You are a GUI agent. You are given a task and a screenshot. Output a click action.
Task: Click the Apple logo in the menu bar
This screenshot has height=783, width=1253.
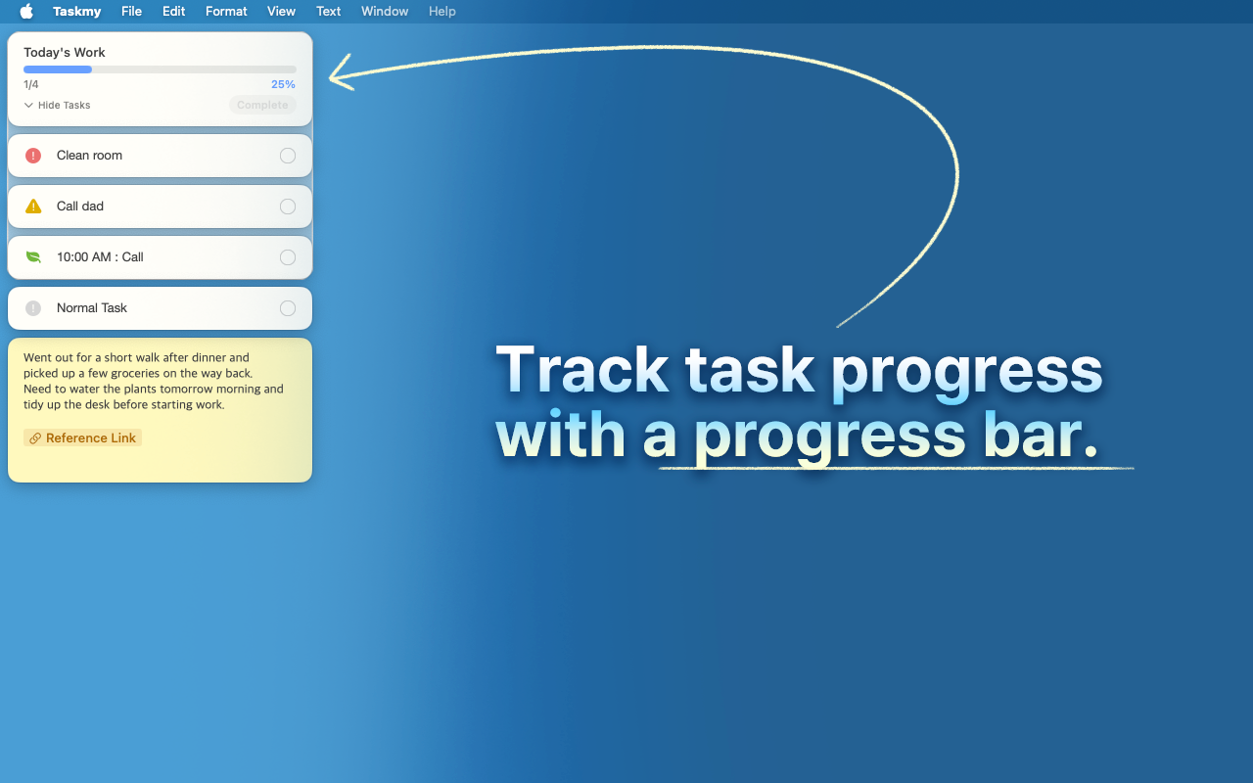point(26,12)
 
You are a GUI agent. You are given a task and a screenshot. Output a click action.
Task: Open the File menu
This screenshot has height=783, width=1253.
point(131,12)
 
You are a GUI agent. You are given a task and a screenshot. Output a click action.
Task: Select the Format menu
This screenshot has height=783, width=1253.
point(226,12)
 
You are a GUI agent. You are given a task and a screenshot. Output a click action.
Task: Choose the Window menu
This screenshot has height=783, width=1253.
point(385,12)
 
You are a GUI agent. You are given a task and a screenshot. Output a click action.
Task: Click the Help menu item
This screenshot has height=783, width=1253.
point(442,12)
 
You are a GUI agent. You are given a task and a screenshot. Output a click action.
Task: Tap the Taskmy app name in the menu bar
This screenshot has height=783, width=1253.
point(77,12)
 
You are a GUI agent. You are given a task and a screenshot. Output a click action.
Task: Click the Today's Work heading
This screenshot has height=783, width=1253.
point(65,53)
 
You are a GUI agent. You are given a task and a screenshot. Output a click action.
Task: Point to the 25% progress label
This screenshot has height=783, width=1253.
point(283,84)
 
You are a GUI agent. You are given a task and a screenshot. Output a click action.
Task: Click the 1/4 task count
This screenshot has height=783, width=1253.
point(31,84)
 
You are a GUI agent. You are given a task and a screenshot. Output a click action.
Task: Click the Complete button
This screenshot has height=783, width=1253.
point(262,105)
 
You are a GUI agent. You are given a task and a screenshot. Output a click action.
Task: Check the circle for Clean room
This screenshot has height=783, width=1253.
point(288,156)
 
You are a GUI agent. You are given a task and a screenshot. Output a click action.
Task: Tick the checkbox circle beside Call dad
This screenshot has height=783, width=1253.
point(288,207)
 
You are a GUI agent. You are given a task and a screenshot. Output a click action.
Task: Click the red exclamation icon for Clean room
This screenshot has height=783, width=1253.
point(33,156)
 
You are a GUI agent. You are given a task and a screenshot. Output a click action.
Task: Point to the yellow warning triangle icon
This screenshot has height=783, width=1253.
point(33,207)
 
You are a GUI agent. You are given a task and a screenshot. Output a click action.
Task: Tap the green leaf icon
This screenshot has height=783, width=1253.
point(33,257)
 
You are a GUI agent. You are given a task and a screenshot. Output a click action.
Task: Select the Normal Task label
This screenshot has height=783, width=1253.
point(92,308)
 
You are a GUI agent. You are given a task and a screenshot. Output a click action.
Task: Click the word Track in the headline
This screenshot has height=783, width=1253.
point(582,371)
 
